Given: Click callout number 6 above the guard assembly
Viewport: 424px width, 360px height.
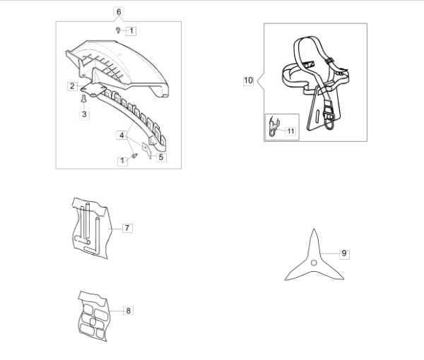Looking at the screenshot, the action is [x=118, y=11].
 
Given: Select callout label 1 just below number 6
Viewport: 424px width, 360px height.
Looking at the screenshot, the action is [x=131, y=30].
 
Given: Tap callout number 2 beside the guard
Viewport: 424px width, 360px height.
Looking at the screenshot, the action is [x=73, y=86].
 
